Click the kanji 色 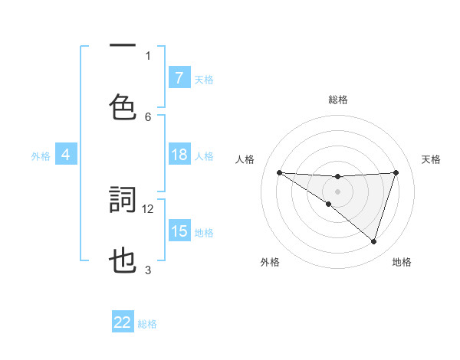(123, 106)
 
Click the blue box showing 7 (179, 78)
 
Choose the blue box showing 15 (179, 231)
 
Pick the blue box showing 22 (123, 322)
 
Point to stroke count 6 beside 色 (148, 116)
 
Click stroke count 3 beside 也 (148, 270)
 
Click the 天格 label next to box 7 (204, 79)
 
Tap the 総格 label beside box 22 (147, 324)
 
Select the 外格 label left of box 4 (41, 156)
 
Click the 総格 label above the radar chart (338, 100)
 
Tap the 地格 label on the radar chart (402, 262)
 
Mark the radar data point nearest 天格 (396, 172)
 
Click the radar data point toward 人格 (279, 172)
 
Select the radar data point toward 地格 (374, 242)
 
